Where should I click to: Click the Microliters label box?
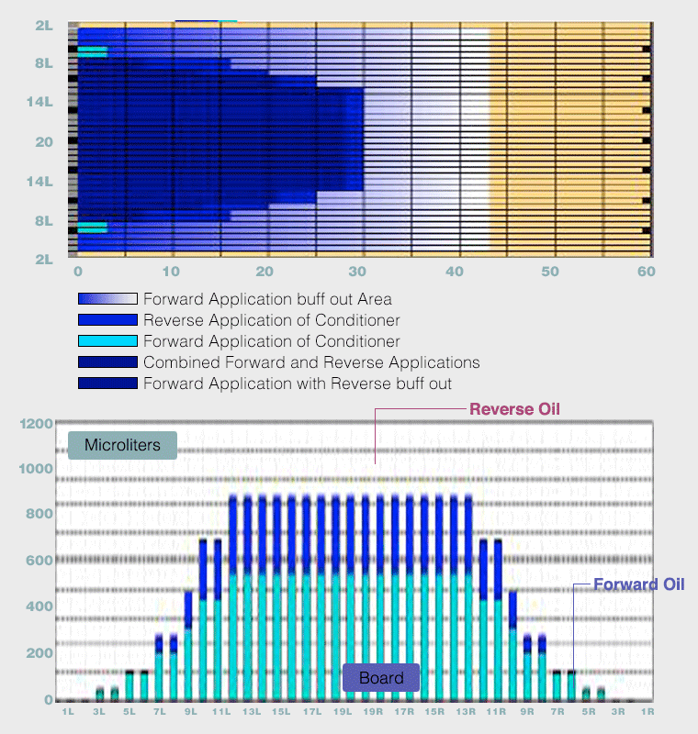coord(122,446)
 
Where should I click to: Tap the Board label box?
coord(381,678)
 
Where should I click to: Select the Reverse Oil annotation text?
coord(514,409)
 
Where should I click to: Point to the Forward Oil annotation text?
coord(638,584)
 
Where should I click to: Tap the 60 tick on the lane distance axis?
coord(646,272)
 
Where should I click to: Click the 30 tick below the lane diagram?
coord(360,272)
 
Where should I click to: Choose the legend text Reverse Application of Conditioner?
coord(271,320)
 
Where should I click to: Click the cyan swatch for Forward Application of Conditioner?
coord(107,341)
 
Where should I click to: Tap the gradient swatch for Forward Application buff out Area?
coord(107,299)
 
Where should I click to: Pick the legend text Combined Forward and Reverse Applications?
coord(311,362)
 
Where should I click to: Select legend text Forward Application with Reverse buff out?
coord(298,383)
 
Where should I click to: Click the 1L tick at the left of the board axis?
coord(67,712)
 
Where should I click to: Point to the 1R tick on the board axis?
coord(647,712)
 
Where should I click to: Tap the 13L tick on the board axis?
coord(250,712)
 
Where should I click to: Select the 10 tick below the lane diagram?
coord(171,272)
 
